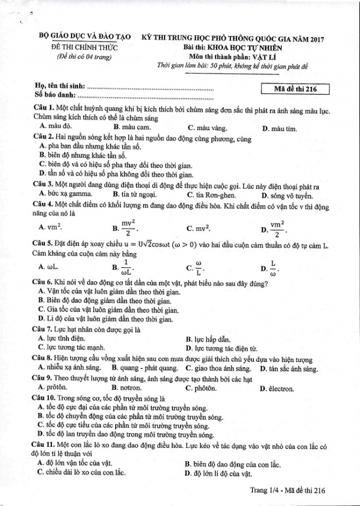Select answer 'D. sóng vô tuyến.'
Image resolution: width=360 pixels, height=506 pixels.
(x=289, y=195)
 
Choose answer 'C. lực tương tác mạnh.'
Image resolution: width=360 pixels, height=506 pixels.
(x=71, y=347)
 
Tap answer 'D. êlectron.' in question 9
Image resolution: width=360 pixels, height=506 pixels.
(x=276, y=389)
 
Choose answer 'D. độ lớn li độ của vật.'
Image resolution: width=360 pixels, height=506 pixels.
(x=218, y=473)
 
